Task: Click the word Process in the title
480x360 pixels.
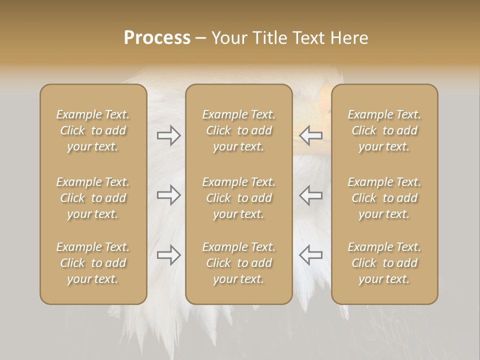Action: point(157,38)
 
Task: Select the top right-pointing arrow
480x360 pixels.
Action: point(169,135)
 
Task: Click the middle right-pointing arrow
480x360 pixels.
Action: point(169,195)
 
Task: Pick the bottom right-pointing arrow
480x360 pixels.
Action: point(169,255)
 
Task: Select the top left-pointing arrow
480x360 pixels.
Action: point(310,135)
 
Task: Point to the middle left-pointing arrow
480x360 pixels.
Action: point(310,195)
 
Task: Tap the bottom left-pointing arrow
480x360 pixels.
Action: point(310,255)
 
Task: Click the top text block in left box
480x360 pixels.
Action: point(93,130)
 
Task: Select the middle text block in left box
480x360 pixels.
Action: point(93,198)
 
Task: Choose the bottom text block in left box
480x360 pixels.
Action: point(93,263)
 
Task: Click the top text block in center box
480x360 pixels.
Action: point(238,130)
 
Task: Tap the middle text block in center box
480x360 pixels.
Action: point(238,198)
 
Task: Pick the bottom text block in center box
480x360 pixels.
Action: point(238,263)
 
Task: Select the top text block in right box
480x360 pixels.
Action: point(384,130)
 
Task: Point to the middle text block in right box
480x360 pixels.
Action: point(384,198)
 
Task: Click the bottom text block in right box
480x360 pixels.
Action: point(384,263)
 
